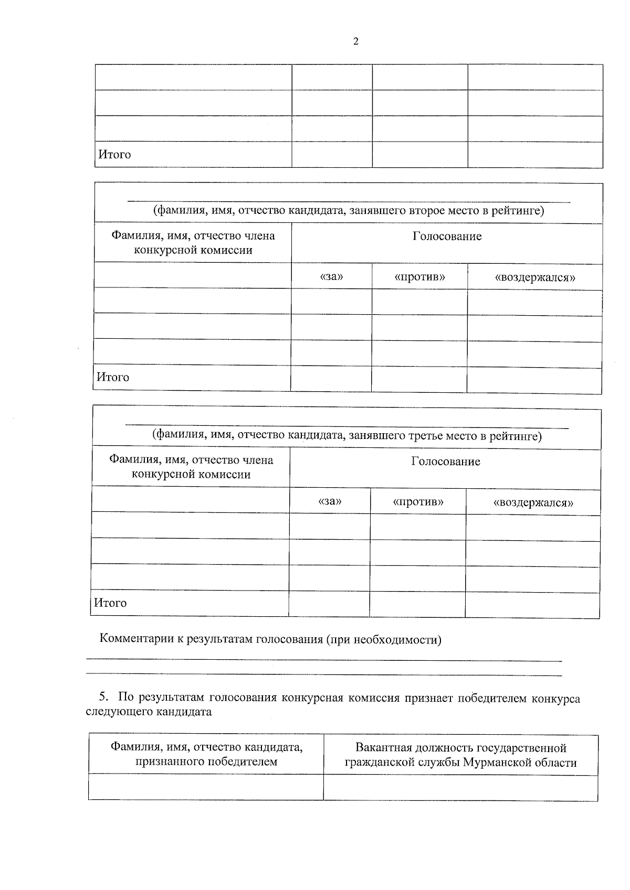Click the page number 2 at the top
pos(356,42)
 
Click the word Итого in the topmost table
pos(114,155)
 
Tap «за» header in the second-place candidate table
pos(331,276)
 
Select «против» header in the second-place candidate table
pos(419,277)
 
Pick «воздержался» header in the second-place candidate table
pos(534,277)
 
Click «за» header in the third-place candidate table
pos(330,501)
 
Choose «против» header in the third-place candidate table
pos(418,502)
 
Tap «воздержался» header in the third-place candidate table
pos(533,503)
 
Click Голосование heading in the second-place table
pos(447,237)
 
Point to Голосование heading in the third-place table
pos(445,462)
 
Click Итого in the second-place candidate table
pos(113,377)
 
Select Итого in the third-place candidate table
pos(111,603)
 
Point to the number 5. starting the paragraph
pos(103,698)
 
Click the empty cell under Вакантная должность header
pos(460,788)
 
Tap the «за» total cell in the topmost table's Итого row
pos(332,155)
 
